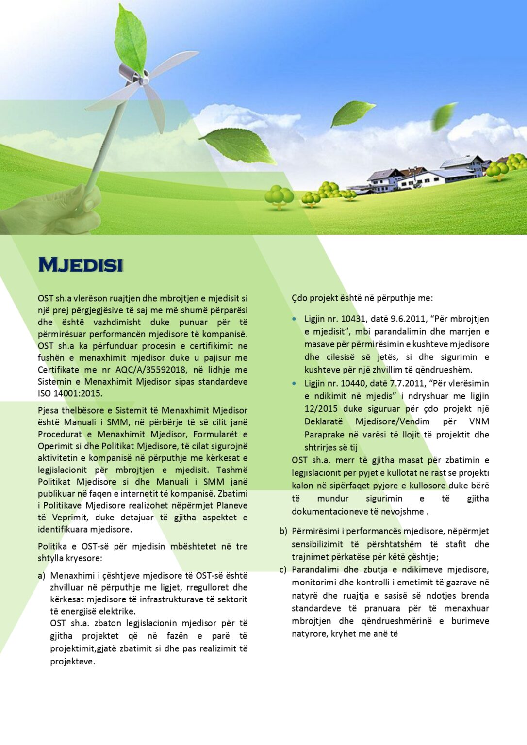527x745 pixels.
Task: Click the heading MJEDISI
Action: (81, 265)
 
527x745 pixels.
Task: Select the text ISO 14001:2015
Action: (70, 393)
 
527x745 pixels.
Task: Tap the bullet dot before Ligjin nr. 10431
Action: (294, 319)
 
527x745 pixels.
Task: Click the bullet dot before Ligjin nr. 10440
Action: (294, 384)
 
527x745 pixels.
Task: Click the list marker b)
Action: (283, 531)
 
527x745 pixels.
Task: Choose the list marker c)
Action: (283, 569)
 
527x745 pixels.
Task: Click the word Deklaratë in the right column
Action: (323, 421)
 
